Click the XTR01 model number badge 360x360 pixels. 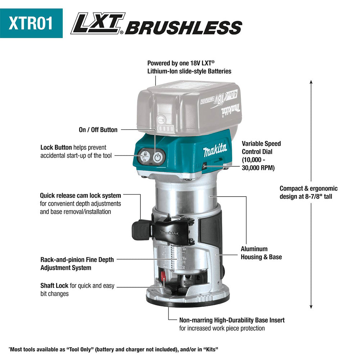pos(31,23)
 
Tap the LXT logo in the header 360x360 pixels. pos(98,23)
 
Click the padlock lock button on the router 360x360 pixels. pos(144,157)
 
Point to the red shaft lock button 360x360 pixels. pos(163,275)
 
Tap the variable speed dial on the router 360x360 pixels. pos(204,165)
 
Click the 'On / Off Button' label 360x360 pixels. pos(98,130)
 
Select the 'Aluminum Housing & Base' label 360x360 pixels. pos(261,253)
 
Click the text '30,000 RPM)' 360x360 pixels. pos(258,168)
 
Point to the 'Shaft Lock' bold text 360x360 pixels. pos(54,285)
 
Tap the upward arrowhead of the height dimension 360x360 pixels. pos(311,82)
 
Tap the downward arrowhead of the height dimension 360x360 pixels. pos(311,306)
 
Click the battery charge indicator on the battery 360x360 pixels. pos(163,128)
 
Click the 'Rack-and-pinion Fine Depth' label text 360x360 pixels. pos(77,260)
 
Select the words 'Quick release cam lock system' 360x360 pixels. pos(80,195)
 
